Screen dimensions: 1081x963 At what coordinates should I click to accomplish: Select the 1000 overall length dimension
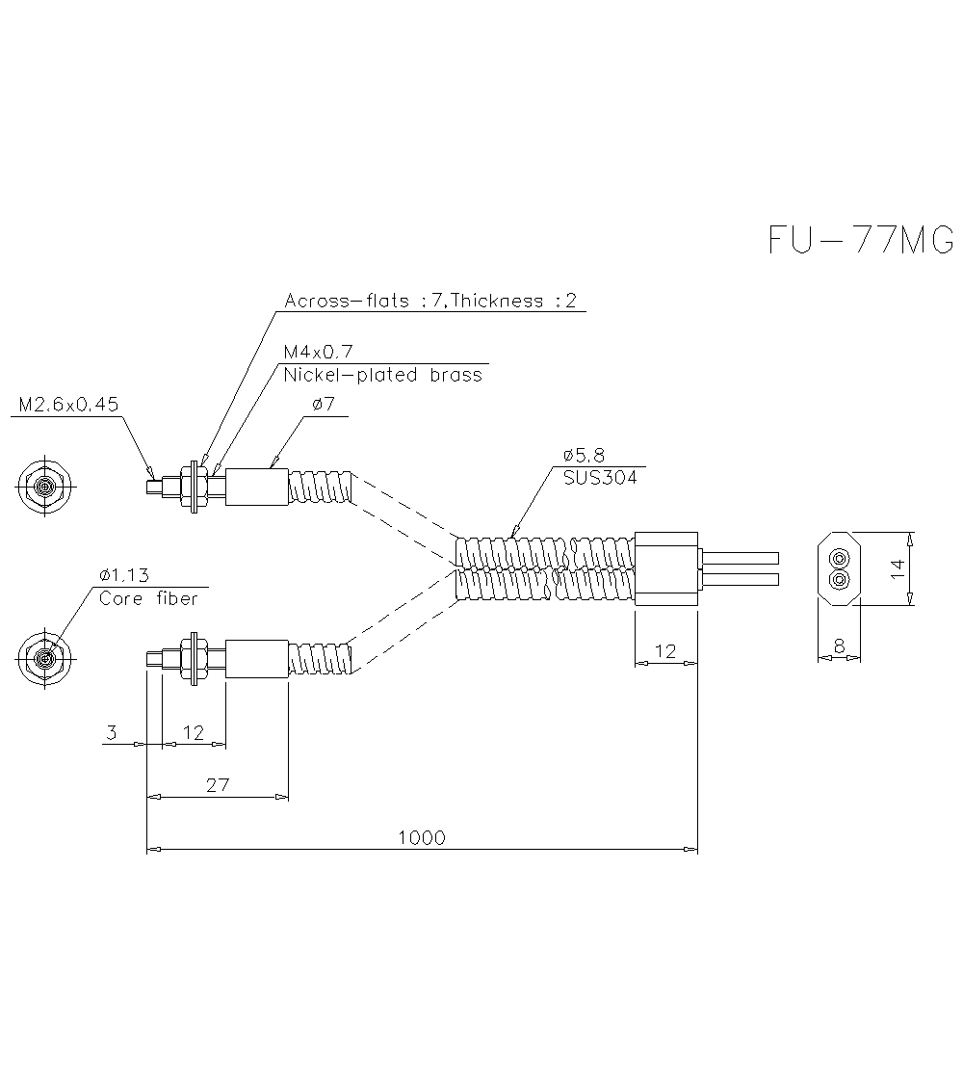pyautogui.click(x=422, y=837)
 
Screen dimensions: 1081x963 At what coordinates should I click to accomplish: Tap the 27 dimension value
pyautogui.click(x=219, y=784)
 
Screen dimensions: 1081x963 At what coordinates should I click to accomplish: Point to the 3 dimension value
pyautogui.click(x=111, y=733)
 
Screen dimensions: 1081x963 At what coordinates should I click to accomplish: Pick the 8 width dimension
pyautogui.click(x=839, y=646)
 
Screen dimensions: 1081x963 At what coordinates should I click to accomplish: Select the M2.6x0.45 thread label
pyautogui.click(x=68, y=405)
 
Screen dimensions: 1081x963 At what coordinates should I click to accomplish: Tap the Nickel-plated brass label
pyautogui.click(x=382, y=376)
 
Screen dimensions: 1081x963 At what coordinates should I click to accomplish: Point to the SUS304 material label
pyautogui.click(x=600, y=477)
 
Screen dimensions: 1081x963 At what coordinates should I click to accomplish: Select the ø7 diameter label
pyautogui.click(x=324, y=405)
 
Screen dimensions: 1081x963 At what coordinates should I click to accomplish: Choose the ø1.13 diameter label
pyautogui.click(x=124, y=575)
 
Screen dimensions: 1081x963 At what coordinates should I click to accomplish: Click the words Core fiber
pyautogui.click(x=148, y=598)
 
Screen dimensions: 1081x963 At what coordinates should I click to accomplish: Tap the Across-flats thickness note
pyautogui.click(x=429, y=301)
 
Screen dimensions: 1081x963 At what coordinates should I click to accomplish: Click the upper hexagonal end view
pyautogui.click(x=44, y=486)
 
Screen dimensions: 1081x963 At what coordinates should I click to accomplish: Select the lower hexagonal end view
pyautogui.click(x=44, y=659)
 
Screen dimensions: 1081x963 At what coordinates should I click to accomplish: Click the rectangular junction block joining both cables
pyautogui.click(x=665, y=569)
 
